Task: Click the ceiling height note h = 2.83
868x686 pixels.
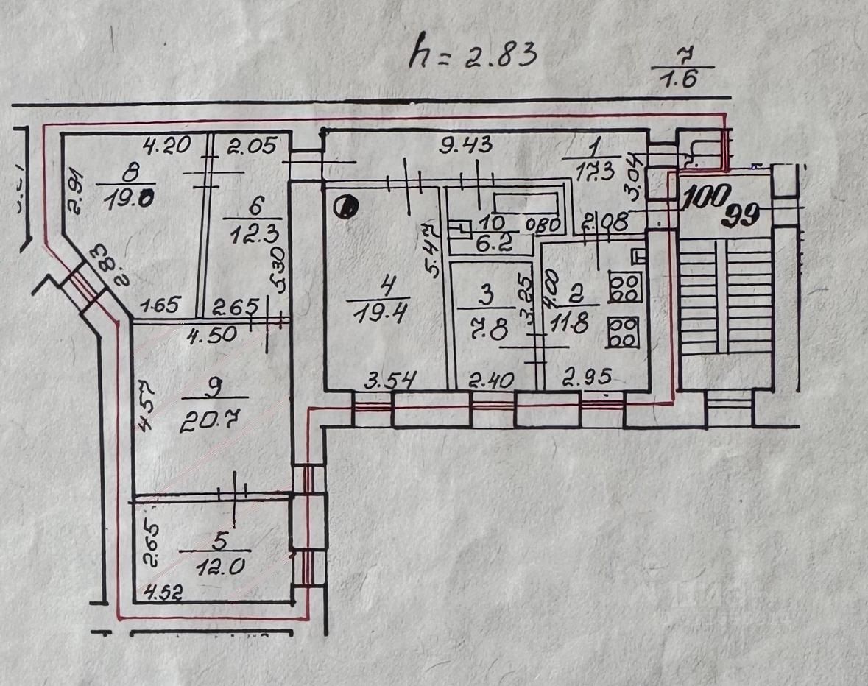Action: click(470, 53)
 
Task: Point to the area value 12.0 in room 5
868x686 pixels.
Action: click(214, 567)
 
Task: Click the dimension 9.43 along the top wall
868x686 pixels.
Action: click(465, 145)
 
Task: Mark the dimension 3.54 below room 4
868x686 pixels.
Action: click(392, 381)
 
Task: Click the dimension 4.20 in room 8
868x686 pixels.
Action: click(166, 146)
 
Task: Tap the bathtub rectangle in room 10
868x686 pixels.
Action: click(525, 202)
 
